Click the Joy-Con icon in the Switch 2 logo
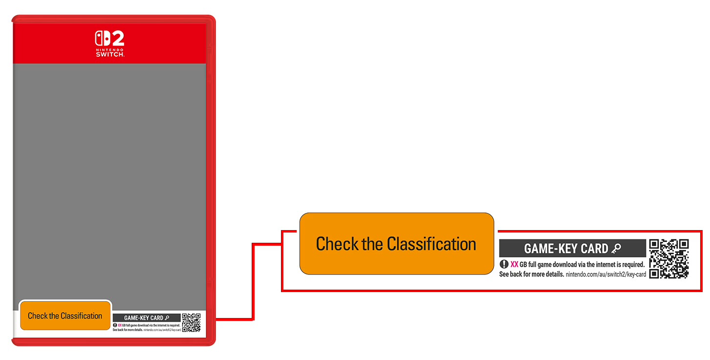(103, 39)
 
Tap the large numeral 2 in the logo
(117, 39)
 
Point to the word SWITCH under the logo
(110, 54)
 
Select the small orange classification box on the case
(65, 316)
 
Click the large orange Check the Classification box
(396, 243)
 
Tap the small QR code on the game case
(191, 322)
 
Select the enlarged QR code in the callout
(669, 258)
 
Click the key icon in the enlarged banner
(616, 249)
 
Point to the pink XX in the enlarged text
(514, 264)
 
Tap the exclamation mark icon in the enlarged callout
(504, 264)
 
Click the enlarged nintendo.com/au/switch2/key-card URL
(606, 275)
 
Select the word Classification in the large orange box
(431, 244)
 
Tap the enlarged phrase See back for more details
(531, 275)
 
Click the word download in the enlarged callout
(559, 264)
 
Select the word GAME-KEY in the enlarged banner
(549, 249)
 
